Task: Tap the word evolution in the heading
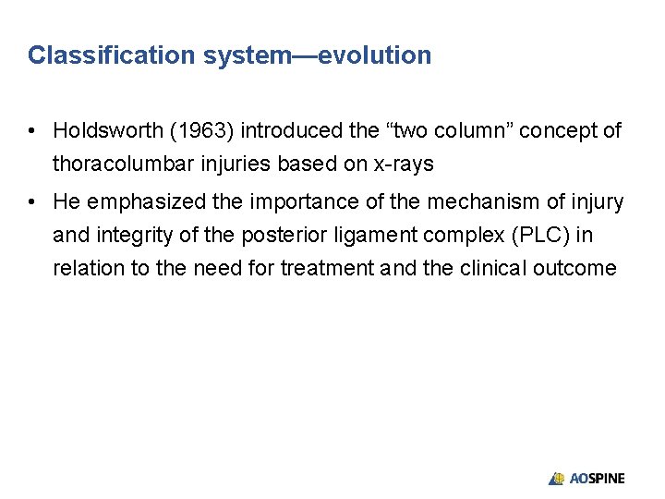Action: tap(374, 55)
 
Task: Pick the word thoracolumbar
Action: tap(118, 164)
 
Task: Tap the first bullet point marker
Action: tap(32, 131)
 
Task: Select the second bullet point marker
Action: tap(32, 201)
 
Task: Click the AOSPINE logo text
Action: tap(597, 479)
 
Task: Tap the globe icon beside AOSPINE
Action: tap(556, 479)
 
